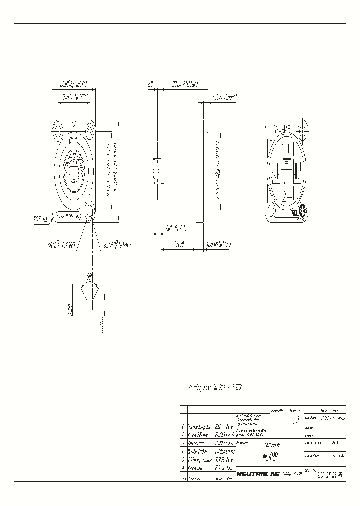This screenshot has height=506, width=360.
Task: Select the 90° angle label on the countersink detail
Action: (90, 275)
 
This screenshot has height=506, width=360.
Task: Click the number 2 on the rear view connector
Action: (284, 196)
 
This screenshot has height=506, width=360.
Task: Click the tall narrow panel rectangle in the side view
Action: (200, 171)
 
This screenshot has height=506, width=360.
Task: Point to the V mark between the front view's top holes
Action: (74, 123)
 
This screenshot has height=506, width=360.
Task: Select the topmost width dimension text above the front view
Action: (73, 83)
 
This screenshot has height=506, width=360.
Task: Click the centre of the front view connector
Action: (73, 171)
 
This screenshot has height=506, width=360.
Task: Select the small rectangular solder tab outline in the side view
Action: (168, 195)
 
